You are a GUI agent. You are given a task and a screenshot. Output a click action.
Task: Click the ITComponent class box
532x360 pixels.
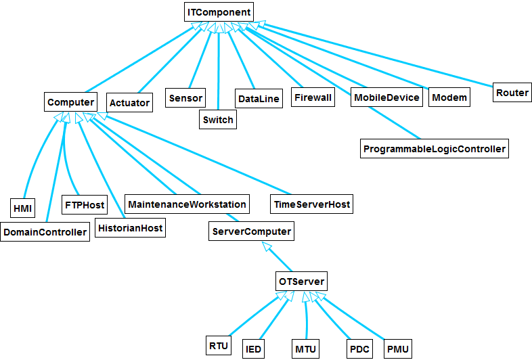(x=219, y=12)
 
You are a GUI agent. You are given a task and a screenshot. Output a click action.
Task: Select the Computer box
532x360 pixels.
(x=70, y=102)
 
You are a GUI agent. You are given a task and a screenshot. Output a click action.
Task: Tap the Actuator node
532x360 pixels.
(x=129, y=102)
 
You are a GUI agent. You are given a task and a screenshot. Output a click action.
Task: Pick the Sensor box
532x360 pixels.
(x=185, y=97)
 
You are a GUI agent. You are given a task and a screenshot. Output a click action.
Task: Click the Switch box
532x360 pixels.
(x=218, y=119)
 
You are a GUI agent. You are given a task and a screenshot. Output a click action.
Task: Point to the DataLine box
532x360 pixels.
(x=259, y=98)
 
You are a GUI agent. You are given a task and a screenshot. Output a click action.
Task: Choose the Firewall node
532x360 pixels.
(x=313, y=97)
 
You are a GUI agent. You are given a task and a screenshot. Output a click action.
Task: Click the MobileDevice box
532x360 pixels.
(x=386, y=97)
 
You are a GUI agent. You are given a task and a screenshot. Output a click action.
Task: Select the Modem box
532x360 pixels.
(x=449, y=97)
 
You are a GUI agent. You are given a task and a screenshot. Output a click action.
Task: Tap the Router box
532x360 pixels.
(x=512, y=92)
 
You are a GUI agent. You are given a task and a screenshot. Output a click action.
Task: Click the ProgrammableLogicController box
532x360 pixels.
(x=435, y=149)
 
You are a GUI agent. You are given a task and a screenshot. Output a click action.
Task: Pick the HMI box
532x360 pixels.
(x=23, y=208)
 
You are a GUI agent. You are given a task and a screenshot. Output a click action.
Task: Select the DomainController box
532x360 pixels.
(x=45, y=231)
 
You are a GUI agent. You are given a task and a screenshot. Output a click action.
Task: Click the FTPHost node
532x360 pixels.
(x=85, y=204)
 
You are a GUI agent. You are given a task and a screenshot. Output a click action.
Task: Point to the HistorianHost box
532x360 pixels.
(x=130, y=227)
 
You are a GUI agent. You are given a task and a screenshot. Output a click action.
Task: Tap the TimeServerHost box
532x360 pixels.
(x=312, y=204)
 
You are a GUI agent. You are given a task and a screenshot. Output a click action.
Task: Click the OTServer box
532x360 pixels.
(x=301, y=282)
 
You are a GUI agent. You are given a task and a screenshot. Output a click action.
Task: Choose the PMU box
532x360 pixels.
(x=397, y=348)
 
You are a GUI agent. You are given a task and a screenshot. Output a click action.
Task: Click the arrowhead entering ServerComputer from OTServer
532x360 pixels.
(x=267, y=246)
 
